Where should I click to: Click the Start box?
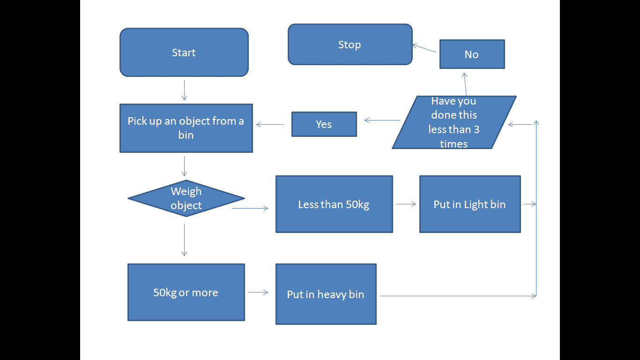point(184,52)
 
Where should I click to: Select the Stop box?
point(350,45)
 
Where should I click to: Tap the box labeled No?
point(472,54)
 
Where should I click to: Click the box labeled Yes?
point(324,124)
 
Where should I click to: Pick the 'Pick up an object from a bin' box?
point(186,128)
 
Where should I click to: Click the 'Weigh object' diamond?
point(186,198)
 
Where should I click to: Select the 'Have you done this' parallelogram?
point(454,122)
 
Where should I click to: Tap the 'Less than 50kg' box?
point(334,204)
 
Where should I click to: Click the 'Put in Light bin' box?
point(469,204)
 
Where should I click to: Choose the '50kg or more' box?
point(186,292)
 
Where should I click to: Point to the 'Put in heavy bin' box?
point(326,294)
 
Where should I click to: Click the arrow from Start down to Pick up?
point(184,90)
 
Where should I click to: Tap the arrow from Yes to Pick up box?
point(270,124)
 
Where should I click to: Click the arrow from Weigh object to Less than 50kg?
point(250,208)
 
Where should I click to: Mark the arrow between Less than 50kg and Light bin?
point(406,204)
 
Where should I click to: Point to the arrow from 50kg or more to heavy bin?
point(258,292)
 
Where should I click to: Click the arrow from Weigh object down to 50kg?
point(184,240)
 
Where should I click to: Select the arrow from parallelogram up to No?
point(465,84)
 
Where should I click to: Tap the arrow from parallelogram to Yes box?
point(382,120)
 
